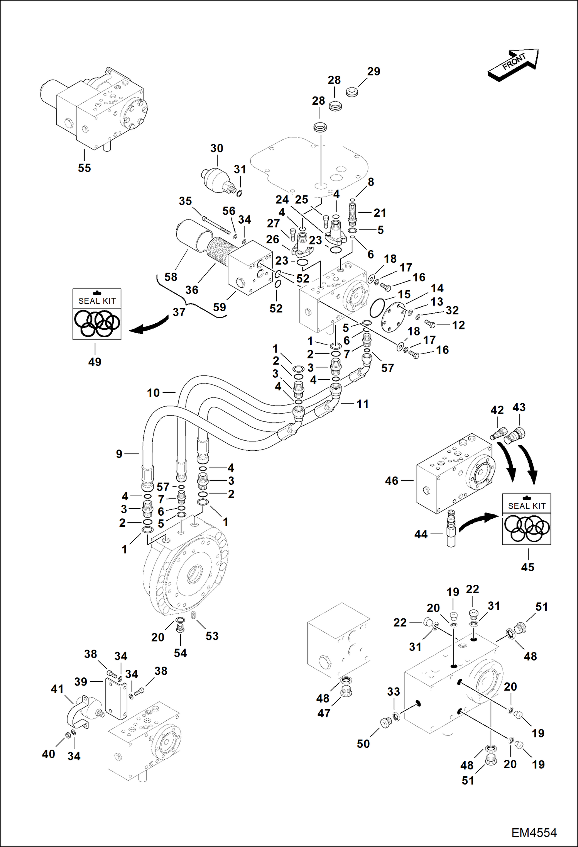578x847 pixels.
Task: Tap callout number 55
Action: tap(85, 168)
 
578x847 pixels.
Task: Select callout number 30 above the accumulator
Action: tap(216, 148)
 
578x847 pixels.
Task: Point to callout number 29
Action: tap(374, 71)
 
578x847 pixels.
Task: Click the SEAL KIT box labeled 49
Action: tap(97, 314)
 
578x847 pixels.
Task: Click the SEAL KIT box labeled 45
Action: tap(526, 519)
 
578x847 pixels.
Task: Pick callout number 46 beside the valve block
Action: tap(392, 481)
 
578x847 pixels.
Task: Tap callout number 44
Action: tap(421, 534)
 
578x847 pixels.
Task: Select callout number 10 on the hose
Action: tap(153, 393)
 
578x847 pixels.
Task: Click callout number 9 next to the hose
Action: tap(119, 454)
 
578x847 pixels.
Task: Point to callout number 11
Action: tap(362, 404)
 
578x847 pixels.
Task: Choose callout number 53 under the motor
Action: tap(212, 636)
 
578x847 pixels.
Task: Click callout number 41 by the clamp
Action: tap(57, 689)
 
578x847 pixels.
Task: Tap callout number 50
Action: tap(363, 744)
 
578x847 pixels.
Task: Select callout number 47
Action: tap(324, 713)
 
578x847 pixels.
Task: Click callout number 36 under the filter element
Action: tap(191, 290)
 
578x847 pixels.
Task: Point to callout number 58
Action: tap(171, 277)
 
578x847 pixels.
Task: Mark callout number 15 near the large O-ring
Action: tap(404, 294)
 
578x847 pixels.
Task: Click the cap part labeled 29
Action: tap(352, 92)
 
